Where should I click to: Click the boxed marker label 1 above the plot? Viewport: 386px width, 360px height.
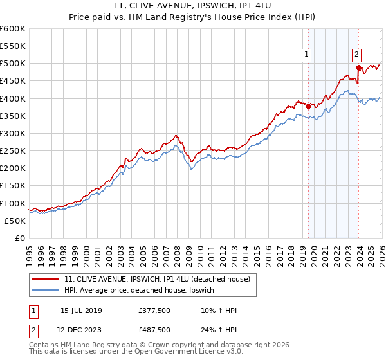[308, 56]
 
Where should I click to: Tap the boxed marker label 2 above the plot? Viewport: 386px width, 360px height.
[356, 56]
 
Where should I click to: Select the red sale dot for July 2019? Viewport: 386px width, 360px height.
[308, 106]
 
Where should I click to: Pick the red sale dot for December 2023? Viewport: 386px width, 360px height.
[358, 67]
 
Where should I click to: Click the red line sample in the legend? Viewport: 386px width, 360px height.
[46, 278]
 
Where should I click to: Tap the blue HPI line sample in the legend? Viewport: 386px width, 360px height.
[46, 291]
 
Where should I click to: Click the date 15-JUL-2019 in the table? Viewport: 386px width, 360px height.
[81, 310]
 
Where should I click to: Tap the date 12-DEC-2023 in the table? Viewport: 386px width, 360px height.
[81, 331]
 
